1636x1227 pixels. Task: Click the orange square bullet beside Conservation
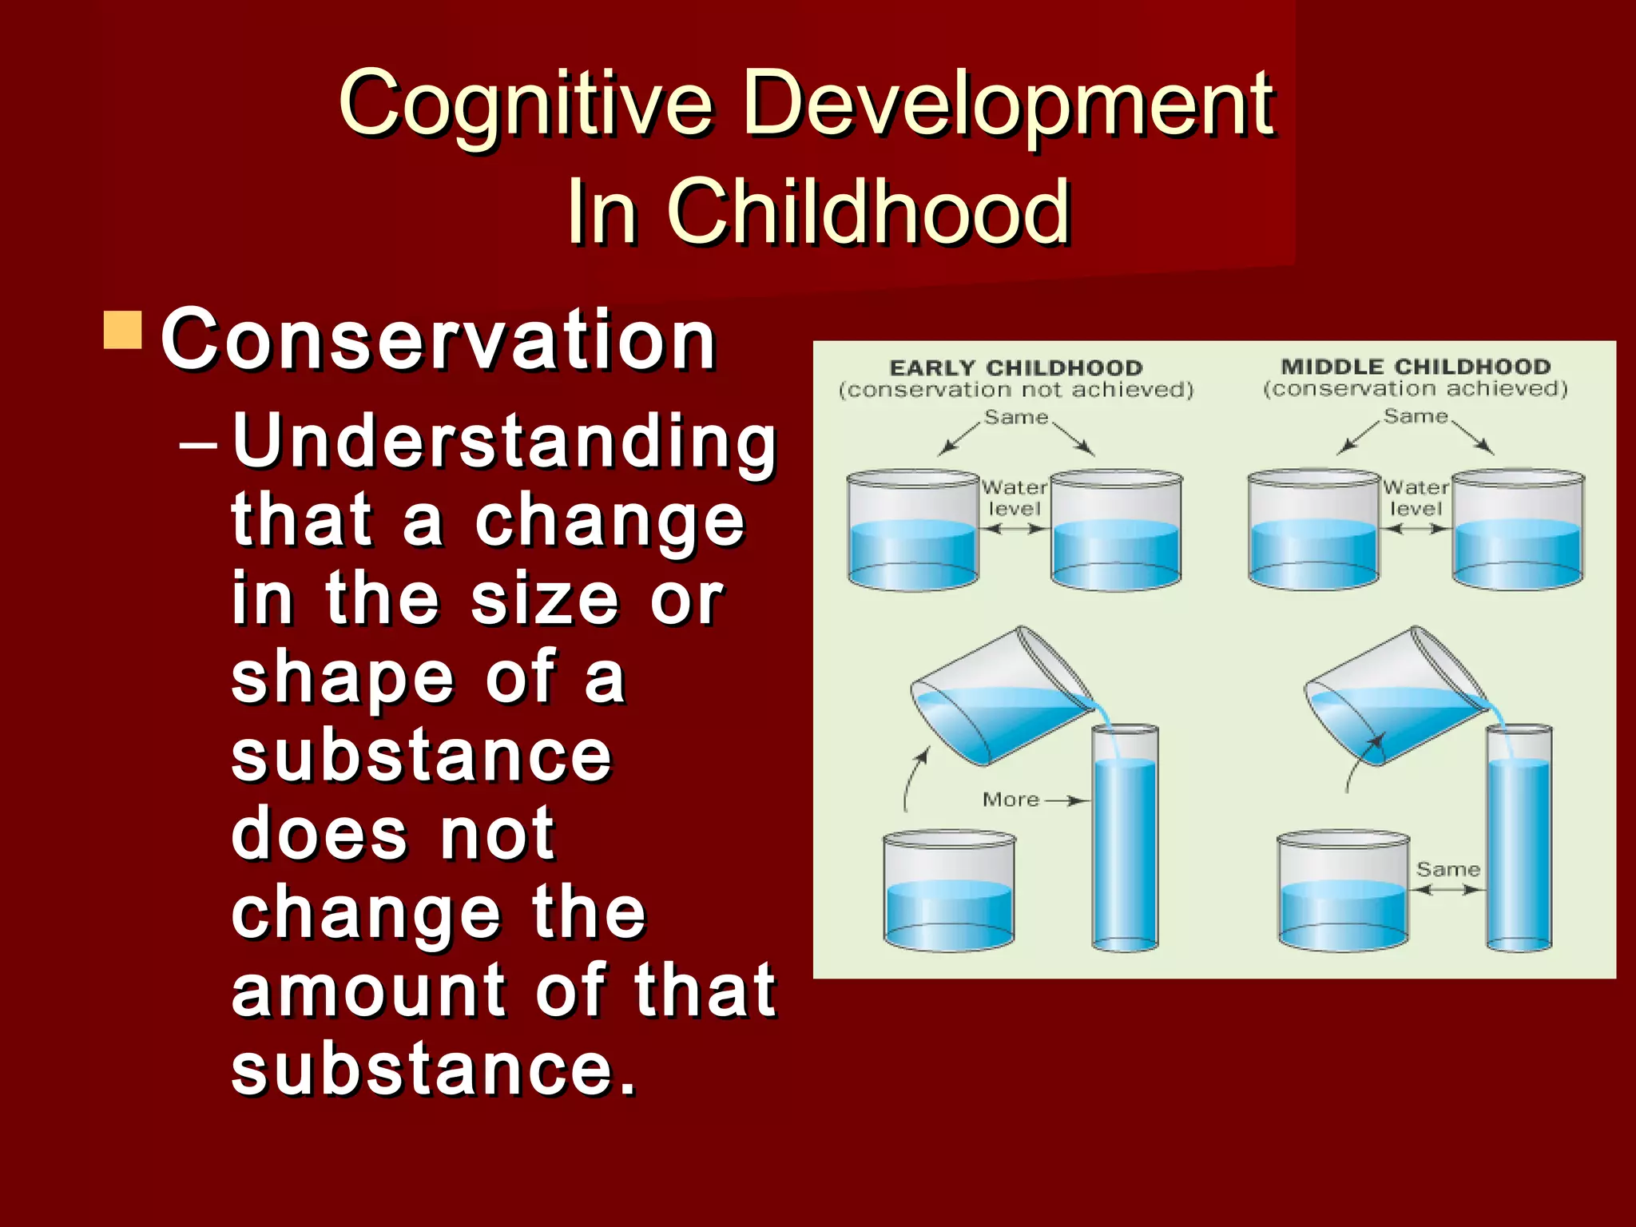pyautogui.click(x=123, y=331)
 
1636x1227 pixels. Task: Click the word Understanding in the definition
pyautogui.click(x=504, y=443)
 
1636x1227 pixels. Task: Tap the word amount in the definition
pyautogui.click(x=368, y=991)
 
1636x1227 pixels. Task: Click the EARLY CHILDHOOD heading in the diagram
pyautogui.click(x=1016, y=368)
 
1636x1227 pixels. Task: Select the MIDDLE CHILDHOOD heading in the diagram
pyautogui.click(x=1416, y=367)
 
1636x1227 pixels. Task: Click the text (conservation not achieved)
pyautogui.click(x=1016, y=390)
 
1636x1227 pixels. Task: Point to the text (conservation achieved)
pyautogui.click(x=1416, y=389)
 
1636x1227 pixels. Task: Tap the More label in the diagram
pyautogui.click(x=1011, y=800)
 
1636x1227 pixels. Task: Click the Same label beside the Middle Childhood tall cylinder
pyautogui.click(x=1447, y=869)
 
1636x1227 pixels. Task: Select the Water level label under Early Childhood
pyautogui.click(x=1015, y=498)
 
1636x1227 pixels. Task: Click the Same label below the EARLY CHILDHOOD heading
pyautogui.click(x=1015, y=418)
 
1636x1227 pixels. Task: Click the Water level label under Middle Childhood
pyautogui.click(x=1416, y=498)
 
